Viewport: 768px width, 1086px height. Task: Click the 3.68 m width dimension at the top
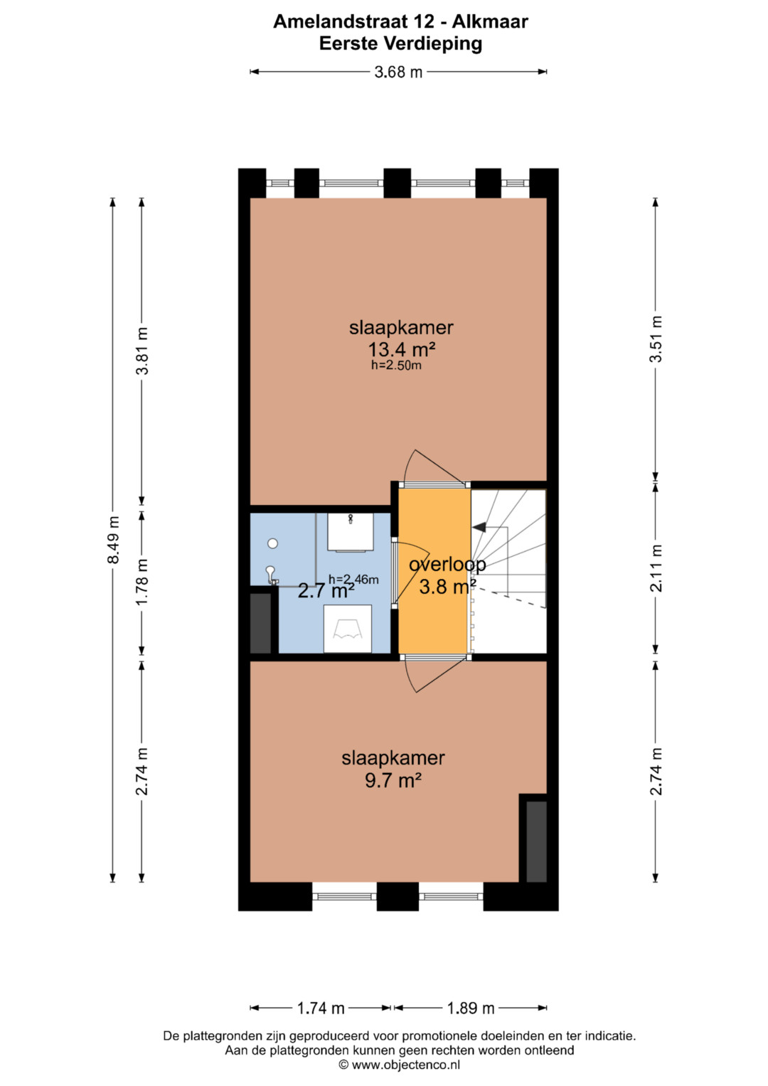click(x=398, y=73)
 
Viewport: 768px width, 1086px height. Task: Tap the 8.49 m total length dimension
click(x=113, y=540)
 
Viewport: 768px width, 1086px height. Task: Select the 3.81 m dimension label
click(x=142, y=351)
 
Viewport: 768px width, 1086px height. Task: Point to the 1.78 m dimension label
click(x=142, y=581)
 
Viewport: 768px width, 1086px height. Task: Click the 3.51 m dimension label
click(x=656, y=339)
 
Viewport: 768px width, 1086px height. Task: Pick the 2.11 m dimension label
click(x=656, y=568)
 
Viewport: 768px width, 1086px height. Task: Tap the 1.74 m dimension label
click(x=321, y=1008)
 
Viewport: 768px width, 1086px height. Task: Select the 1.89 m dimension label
click(x=470, y=1008)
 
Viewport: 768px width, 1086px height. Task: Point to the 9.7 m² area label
click(x=393, y=781)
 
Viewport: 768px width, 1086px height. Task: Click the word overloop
click(x=447, y=564)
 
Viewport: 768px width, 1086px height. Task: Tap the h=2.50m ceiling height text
click(x=396, y=366)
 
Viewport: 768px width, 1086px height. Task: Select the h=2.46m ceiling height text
click(x=353, y=579)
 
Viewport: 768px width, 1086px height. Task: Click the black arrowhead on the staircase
click(x=479, y=526)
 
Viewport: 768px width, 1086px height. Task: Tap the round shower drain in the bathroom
click(x=273, y=543)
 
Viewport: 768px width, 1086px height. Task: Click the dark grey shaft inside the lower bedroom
click(x=536, y=841)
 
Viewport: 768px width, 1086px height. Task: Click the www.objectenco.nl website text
click(x=406, y=1065)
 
